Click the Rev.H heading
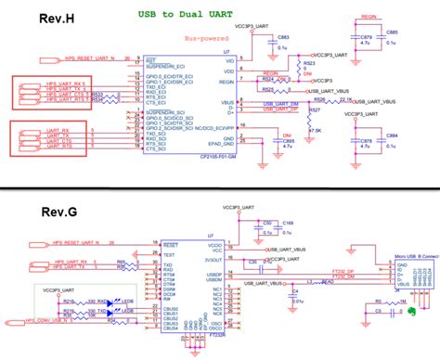coord(33,19)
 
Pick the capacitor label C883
coord(283,35)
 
